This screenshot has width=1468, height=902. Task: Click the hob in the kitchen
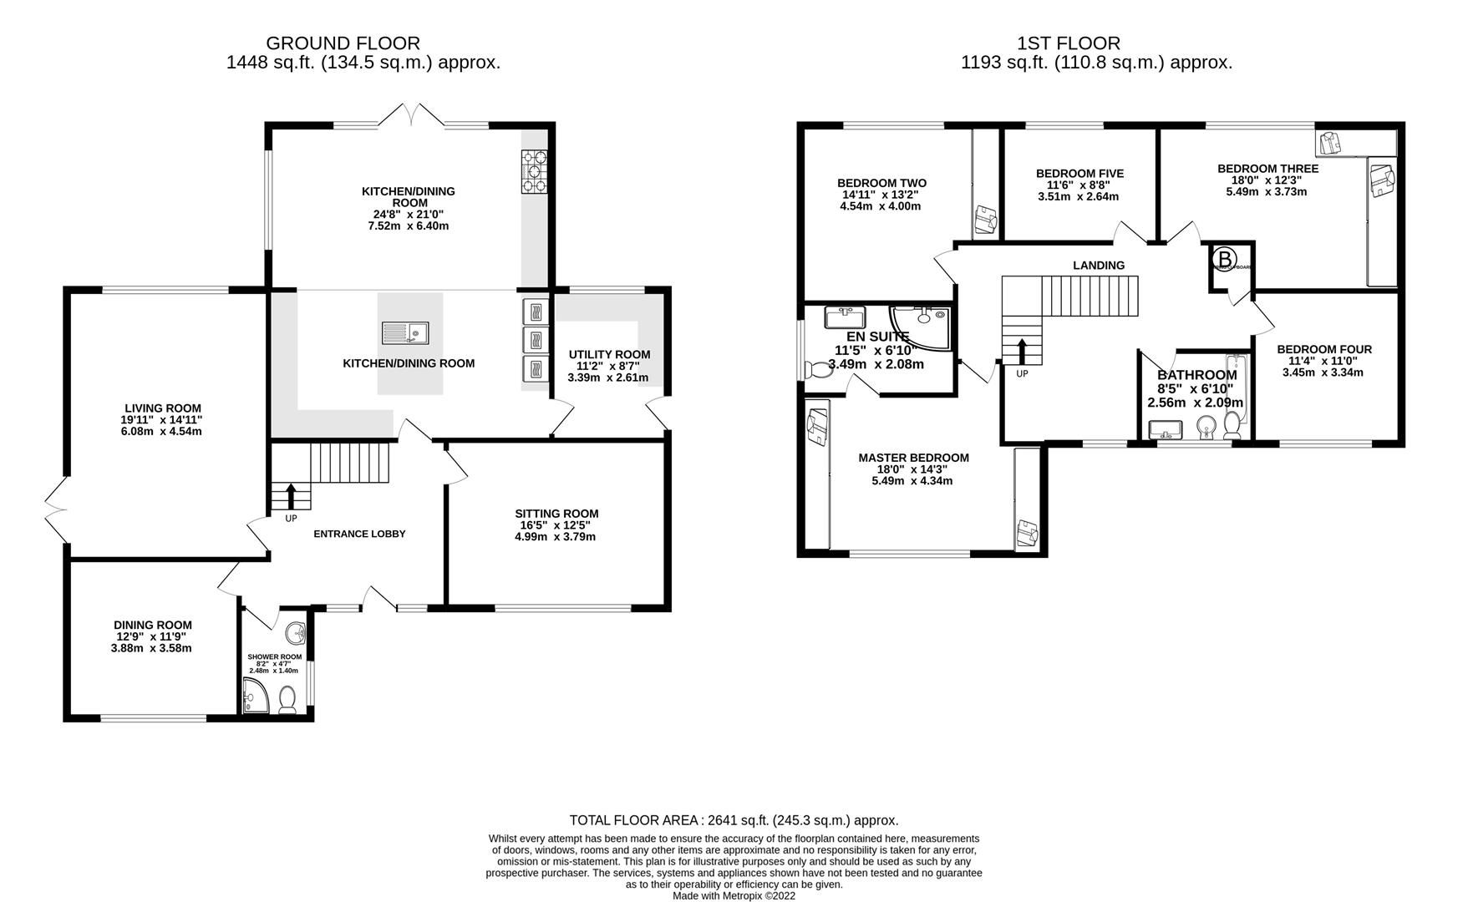[x=535, y=170]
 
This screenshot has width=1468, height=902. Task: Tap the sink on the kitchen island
[x=405, y=333]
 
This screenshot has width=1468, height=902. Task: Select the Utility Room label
[x=608, y=354]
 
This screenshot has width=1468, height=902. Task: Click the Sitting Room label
[x=556, y=514]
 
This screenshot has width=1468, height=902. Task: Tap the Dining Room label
[x=153, y=625]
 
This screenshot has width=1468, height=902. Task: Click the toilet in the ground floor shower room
[x=288, y=700]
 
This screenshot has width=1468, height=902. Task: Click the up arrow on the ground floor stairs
[x=291, y=495]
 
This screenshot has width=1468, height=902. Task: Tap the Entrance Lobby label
[x=359, y=534]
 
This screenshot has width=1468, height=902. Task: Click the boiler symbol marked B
[x=1224, y=260]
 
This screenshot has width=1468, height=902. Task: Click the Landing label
[x=1099, y=266]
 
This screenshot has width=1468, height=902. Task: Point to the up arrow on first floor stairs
[x=1022, y=351]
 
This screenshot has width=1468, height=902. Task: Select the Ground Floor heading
[x=343, y=43]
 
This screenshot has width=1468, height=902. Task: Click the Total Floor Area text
[x=734, y=820]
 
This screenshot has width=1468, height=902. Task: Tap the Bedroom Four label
[x=1324, y=349]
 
